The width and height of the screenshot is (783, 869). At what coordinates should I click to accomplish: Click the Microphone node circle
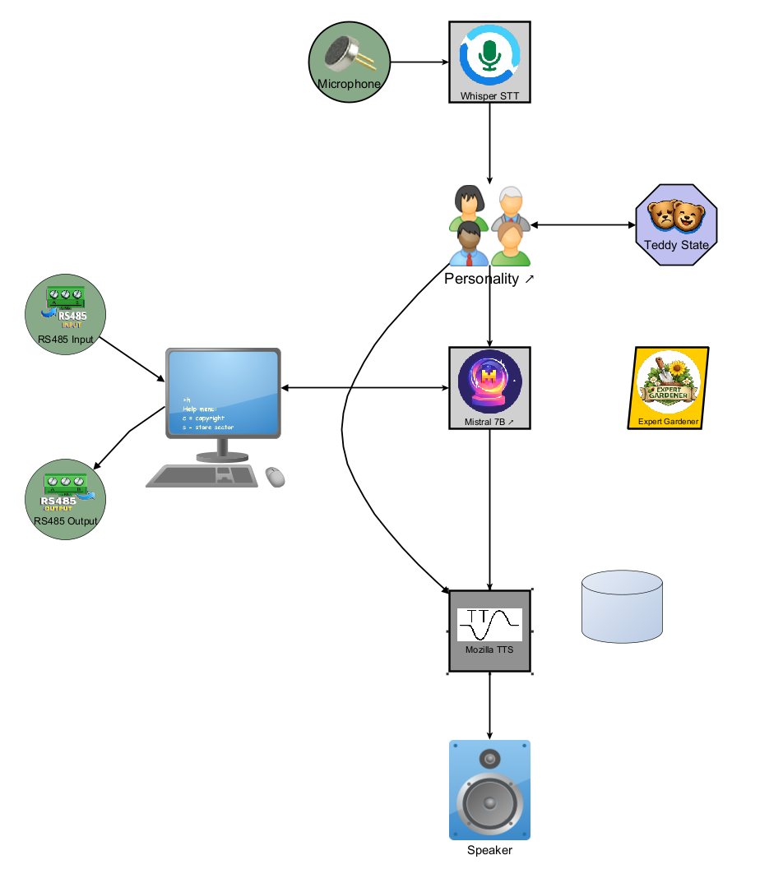click(x=349, y=62)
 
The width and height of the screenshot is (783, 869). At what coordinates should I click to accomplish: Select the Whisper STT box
click(x=489, y=62)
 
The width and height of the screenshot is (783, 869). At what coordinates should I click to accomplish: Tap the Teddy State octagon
click(x=677, y=224)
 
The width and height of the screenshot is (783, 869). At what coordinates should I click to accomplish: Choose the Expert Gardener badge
click(x=668, y=387)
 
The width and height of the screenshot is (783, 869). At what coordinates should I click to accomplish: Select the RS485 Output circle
click(x=66, y=500)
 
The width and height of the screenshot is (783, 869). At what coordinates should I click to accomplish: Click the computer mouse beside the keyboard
click(x=276, y=476)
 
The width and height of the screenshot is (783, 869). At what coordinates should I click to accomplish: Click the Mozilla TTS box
click(x=489, y=631)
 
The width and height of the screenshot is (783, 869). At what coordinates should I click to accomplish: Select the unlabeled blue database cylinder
click(x=621, y=608)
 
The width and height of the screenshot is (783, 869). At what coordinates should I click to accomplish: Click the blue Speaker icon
click(x=489, y=789)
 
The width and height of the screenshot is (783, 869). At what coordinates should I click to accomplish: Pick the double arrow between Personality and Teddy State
click(x=583, y=224)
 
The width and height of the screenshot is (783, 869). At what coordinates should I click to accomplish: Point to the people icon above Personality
click(x=489, y=225)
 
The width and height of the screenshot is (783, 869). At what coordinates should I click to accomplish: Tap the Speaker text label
click(x=489, y=850)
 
